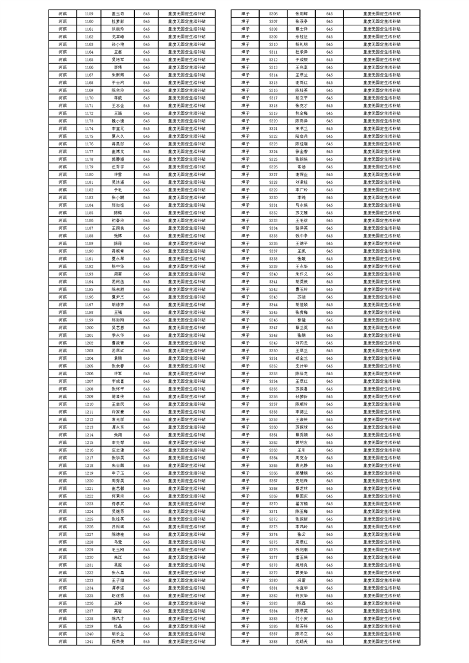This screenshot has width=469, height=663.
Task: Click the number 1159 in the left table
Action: [x=89, y=13]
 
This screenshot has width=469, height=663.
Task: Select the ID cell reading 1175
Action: [x=89, y=136]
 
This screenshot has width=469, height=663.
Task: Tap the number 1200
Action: [x=89, y=327]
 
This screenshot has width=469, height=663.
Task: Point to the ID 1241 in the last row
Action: [x=89, y=641]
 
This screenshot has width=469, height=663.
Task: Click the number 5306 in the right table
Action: [x=273, y=13]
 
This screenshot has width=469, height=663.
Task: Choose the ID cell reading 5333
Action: [x=273, y=220]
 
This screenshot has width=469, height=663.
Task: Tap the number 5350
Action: [x=273, y=350]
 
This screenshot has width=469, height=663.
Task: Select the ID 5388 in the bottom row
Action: [x=273, y=641]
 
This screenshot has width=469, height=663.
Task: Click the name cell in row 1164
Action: [x=118, y=52]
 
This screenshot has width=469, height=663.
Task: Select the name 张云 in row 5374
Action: [x=302, y=534]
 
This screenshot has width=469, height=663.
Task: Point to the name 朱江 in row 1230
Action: [x=118, y=557]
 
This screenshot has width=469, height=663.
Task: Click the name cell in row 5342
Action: [x=302, y=289]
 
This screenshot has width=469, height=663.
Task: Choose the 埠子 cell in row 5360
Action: [x=245, y=427]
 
